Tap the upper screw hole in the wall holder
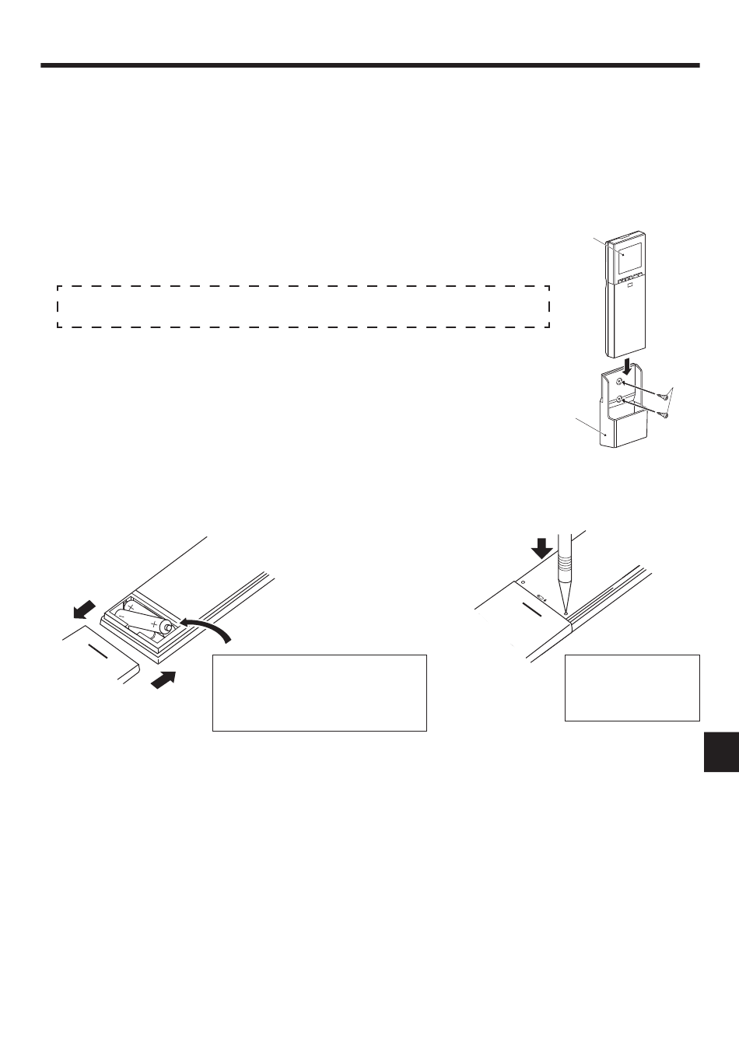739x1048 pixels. click(620, 383)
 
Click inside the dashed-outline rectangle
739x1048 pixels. click(303, 306)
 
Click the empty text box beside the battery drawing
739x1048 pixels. click(319, 692)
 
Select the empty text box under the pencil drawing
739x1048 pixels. click(632, 686)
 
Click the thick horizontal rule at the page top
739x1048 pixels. click(369, 65)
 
